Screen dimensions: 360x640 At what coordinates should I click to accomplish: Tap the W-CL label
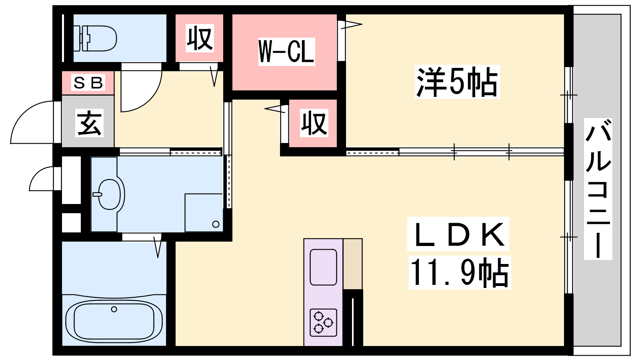tap(286, 51)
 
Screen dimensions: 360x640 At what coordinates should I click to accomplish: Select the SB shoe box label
tap(88, 83)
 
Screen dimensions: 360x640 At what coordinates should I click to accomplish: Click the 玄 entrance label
tap(89, 123)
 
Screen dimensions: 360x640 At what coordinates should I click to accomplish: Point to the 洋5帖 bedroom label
tap(457, 82)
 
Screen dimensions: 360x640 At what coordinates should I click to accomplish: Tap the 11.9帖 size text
tap(459, 273)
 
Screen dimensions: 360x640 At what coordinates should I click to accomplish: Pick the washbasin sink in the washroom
tap(109, 194)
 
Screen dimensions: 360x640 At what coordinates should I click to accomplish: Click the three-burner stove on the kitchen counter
tap(323, 322)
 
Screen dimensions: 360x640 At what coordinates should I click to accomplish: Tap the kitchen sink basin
tap(323, 267)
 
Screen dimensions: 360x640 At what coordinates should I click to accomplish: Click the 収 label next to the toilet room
tap(200, 38)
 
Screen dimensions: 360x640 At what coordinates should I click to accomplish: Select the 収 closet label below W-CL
tap(314, 123)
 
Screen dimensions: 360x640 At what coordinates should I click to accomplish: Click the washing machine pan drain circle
tap(216, 224)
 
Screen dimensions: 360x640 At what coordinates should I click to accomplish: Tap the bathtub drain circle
tap(114, 309)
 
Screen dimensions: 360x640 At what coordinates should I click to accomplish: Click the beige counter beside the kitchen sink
tap(353, 263)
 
